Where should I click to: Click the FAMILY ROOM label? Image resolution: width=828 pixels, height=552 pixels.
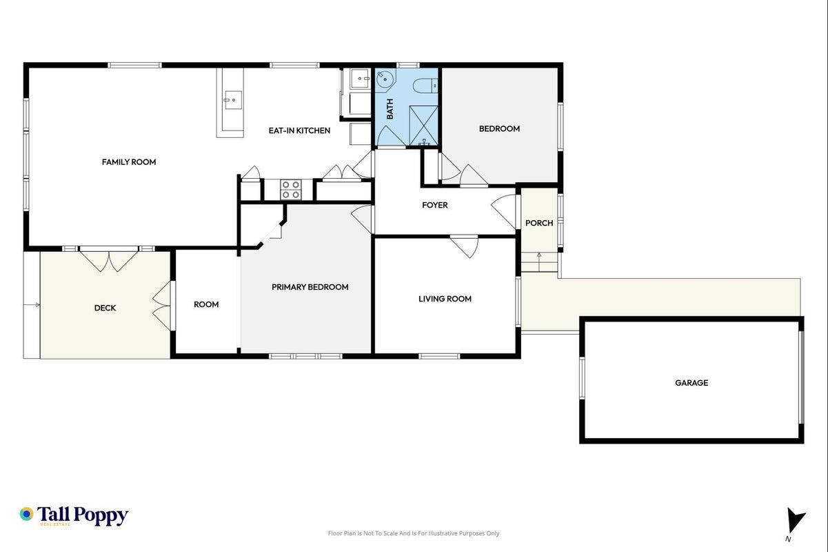pyautogui.click(x=129, y=162)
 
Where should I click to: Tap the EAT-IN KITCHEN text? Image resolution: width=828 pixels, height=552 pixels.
pyautogui.click(x=299, y=130)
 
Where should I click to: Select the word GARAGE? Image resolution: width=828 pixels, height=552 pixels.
pyautogui.click(x=691, y=383)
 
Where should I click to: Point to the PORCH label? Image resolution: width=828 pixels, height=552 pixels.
pyautogui.click(x=539, y=223)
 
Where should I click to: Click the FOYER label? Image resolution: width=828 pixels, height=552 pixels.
pyautogui.click(x=435, y=205)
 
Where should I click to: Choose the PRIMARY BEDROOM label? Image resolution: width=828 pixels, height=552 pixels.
pyautogui.click(x=310, y=287)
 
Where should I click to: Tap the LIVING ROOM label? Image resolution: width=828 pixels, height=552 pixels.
pyautogui.click(x=445, y=299)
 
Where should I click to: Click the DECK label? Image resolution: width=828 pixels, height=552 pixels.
pyautogui.click(x=105, y=308)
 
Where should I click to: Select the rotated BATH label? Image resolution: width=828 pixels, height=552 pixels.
pyautogui.click(x=390, y=109)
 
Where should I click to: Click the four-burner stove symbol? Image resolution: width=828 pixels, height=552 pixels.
pyautogui.click(x=290, y=190)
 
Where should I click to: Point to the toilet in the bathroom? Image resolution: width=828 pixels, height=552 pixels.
pyautogui.click(x=425, y=86)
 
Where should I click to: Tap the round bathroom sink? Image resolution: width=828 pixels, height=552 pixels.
pyautogui.click(x=385, y=79)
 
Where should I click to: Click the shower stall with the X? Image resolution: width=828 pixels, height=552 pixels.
pyautogui.click(x=423, y=126)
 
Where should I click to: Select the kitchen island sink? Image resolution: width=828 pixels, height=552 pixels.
pyautogui.click(x=233, y=100)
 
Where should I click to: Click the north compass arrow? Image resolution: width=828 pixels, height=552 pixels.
pyautogui.click(x=795, y=520)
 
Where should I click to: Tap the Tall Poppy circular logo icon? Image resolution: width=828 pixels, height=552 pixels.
pyautogui.click(x=26, y=514)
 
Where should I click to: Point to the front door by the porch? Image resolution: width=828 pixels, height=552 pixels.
pyautogui.click(x=504, y=212)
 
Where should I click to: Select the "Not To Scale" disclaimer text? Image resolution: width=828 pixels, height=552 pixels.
pyautogui.click(x=414, y=533)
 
